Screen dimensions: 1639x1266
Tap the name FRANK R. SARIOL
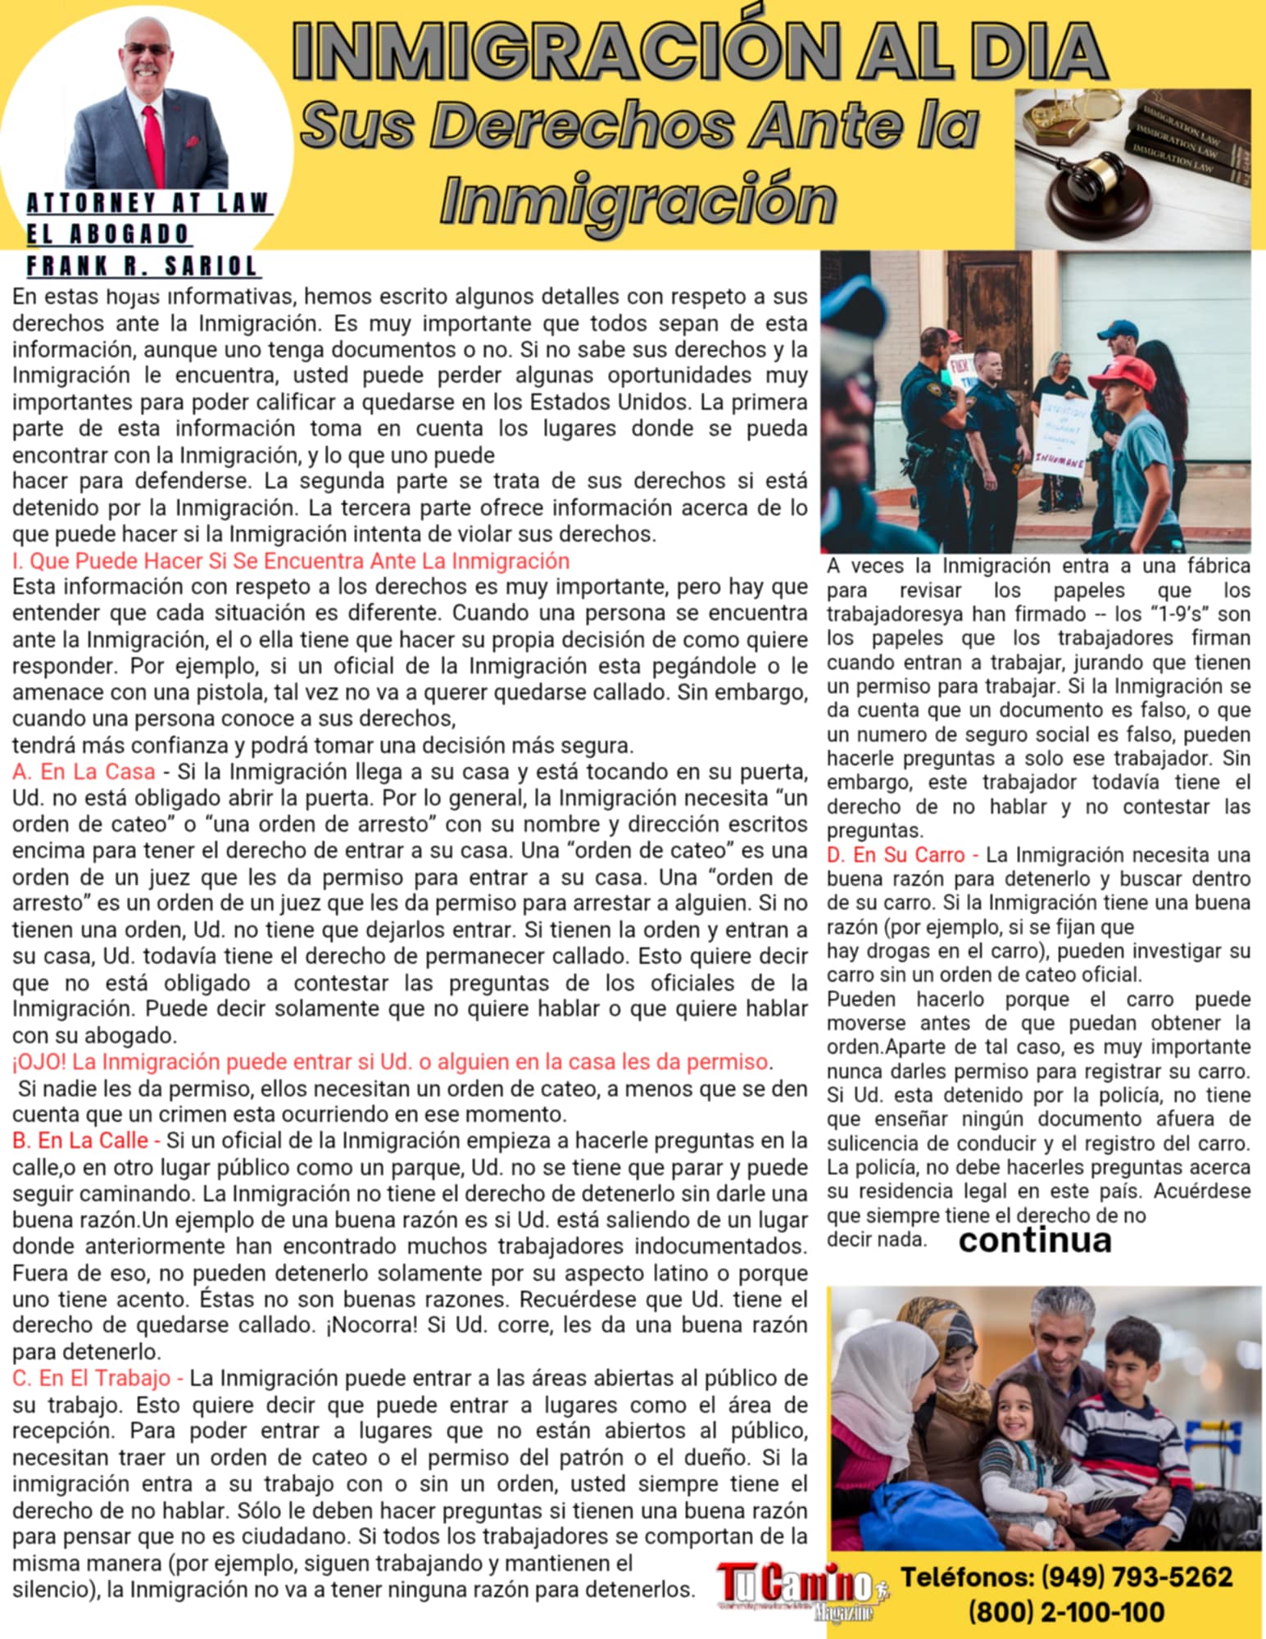(142, 266)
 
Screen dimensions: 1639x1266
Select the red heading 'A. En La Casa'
(84, 771)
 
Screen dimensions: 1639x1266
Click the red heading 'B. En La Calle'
(80, 1140)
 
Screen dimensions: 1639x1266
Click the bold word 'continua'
(1034, 1240)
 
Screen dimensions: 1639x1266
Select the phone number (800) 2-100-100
(1066, 1612)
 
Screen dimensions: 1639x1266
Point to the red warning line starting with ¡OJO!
(390, 1061)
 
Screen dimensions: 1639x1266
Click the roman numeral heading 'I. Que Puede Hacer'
(290, 561)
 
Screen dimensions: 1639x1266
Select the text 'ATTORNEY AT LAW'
(147, 202)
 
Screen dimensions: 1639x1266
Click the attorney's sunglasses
(146, 49)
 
